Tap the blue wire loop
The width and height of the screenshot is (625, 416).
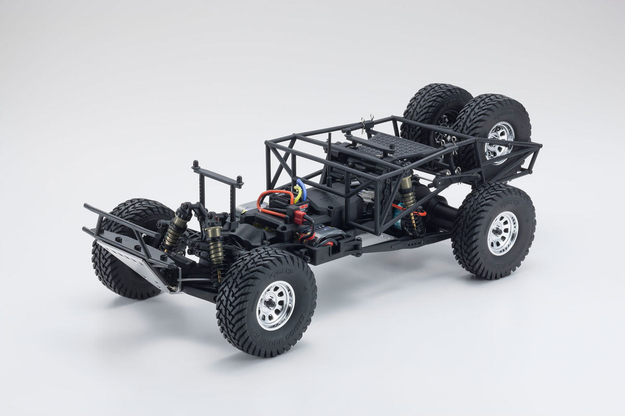coord(303,190)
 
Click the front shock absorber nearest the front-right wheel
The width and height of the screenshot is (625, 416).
coord(215,250)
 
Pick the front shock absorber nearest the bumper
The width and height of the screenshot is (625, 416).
coord(175,229)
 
